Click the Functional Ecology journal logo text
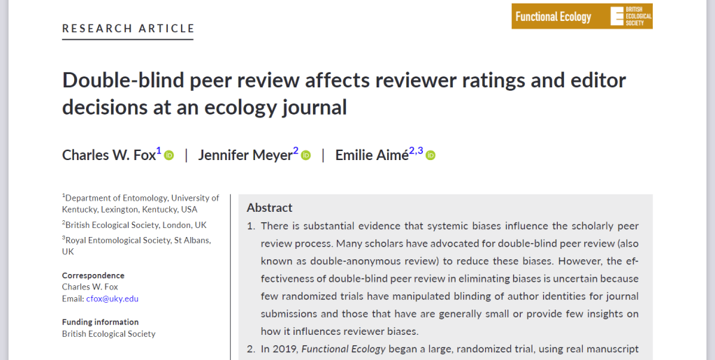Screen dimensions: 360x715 point(553,17)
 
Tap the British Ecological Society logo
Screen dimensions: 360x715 point(631,16)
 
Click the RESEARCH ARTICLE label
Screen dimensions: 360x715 point(129,29)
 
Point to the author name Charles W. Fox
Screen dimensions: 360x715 point(108,155)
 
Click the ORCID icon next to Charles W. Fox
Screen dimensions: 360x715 point(169,155)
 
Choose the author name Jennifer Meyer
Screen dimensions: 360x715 point(245,155)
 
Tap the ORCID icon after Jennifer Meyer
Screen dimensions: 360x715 point(306,155)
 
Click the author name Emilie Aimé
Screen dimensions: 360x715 point(372,155)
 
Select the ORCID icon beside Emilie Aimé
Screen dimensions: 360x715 point(431,155)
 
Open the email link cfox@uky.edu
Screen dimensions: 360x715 point(112,298)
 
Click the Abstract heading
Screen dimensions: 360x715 point(270,208)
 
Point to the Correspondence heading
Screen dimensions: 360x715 point(93,275)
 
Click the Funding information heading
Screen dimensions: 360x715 point(100,322)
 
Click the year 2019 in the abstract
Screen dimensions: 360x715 point(286,349)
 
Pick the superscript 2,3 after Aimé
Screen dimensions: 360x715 point(416,150)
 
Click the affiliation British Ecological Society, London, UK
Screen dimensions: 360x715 point(136,225)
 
